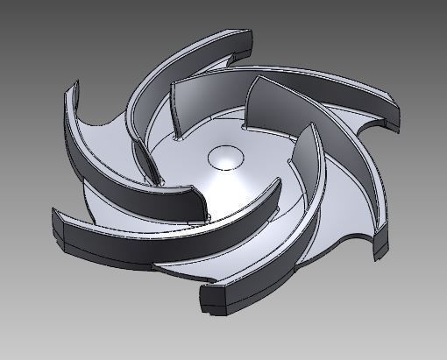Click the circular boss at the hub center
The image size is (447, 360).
click(x=226, y=158)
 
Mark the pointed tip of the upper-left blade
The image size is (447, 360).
click(x=70, y=88)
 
